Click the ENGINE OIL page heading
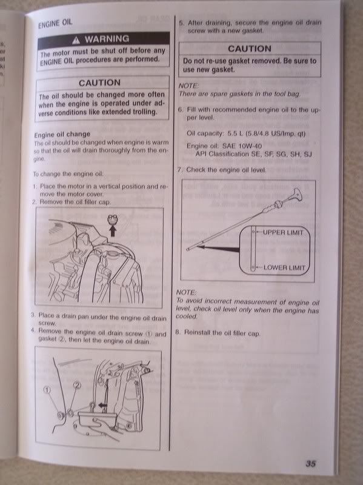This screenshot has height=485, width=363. [x=55, y=24]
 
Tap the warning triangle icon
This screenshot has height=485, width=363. [x=76, y=40]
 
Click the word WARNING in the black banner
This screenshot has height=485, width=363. [x=107, y=39]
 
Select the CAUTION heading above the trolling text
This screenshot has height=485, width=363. [x=99, y=83]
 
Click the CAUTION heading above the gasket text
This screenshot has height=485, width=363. [x=250, y=49]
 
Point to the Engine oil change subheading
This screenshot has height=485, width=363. [x=62, y=135]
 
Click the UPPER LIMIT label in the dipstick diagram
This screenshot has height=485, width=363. [x=283, y=232]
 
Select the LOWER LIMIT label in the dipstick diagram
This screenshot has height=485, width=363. [x=284, y=267]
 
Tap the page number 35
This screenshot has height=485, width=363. [x=310, y=464]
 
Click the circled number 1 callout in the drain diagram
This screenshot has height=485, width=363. [x=47, y=390]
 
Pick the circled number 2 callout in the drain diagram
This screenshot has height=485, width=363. [x=77, y=385]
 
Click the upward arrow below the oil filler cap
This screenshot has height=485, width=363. [x=113, y=231]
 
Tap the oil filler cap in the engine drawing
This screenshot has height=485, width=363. [x=112, y=219]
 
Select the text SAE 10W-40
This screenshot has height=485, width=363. [x=242, y=145]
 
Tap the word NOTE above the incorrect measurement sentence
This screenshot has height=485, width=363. [x=186, y=292]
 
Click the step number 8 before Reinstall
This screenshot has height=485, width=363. [x=178, y=332]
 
